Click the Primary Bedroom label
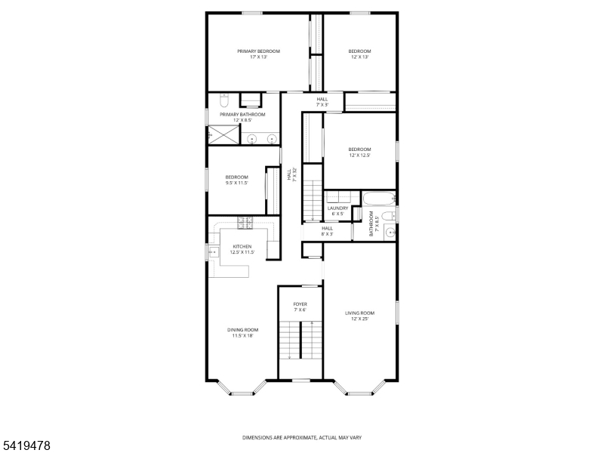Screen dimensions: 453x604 tap(258, 54)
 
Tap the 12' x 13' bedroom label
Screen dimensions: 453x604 tap(359, 54)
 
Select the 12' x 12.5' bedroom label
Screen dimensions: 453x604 tap(359, 152)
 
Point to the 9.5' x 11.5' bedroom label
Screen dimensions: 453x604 tap(236, 180)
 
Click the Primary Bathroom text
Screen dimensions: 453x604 tap(242, 117)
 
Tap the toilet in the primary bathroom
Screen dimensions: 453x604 tap(224, 100)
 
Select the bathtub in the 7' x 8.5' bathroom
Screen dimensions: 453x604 tap(377, 199)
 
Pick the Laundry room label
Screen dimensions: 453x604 tap(337, 211)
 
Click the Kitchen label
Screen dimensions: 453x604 tap(242, 250)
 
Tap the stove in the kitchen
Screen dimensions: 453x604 tap(245, 223)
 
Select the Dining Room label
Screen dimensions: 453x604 tap(243, 332)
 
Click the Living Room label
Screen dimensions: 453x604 tap(359, 316)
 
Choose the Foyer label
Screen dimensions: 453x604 tap(300, 307)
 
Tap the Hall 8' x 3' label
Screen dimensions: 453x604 tap(327, 231)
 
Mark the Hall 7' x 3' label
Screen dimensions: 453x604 tap(322, 102)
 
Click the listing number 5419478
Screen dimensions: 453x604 tap(26, 446)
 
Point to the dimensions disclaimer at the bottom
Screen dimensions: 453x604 tap(301, 437)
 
